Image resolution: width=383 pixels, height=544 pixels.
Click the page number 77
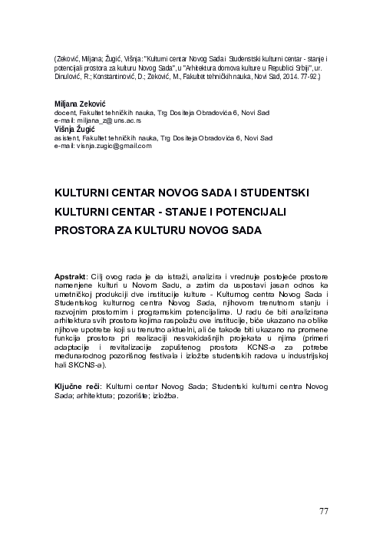point(324,511)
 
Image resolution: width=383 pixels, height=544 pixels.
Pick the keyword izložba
point(166,397)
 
